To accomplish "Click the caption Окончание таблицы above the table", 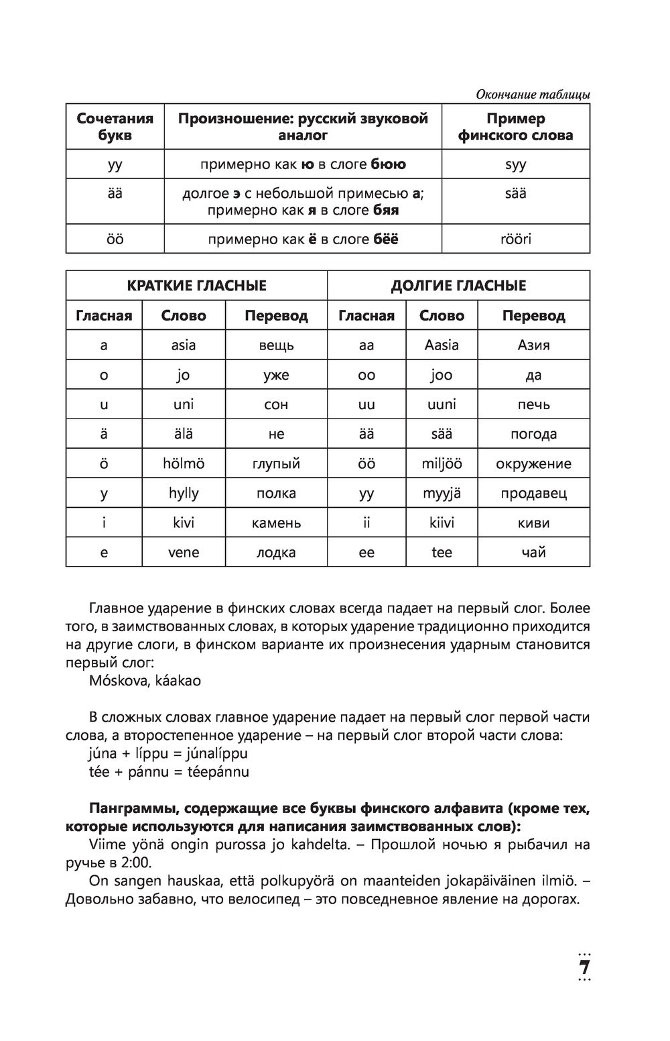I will point(533,95).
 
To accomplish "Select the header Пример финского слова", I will point(515,127).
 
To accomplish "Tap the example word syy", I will point(515,164).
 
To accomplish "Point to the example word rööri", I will point(515,239).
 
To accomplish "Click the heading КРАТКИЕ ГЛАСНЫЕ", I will point(196,286).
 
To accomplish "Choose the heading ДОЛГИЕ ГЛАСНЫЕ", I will point(458,286).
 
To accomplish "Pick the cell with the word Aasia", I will point(442,345).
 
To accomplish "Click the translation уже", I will point(276,375).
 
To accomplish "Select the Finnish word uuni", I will point(442,404).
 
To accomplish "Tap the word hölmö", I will point(184,463).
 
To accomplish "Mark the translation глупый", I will point(276,463).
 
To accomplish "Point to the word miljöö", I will point(442,463).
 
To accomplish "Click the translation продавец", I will point(533,494).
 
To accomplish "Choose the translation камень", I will point(276,523).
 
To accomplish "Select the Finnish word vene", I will point(184,553).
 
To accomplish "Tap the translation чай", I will point(533,553).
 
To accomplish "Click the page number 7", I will point(584,968).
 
